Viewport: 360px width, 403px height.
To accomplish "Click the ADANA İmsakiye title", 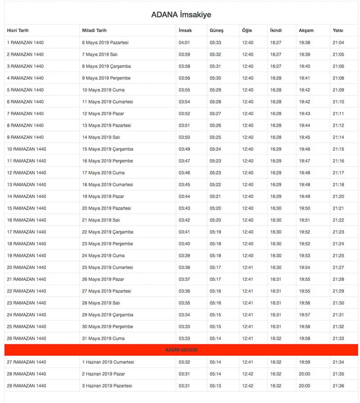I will coord(181,15).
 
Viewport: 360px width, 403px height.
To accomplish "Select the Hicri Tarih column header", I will coord(18,31).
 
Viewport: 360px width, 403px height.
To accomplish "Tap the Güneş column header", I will coord(216,31).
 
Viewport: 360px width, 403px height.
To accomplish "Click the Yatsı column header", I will coord(338,31).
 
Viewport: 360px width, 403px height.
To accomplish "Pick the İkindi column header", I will coord(276,31).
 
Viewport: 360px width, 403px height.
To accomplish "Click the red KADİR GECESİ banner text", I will coord(181,350).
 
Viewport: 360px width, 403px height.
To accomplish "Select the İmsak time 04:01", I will coord(184,43).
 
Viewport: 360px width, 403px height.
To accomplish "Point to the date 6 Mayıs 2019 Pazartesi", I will coord(105,43).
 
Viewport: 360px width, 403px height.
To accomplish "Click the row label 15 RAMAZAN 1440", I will coord(27,208).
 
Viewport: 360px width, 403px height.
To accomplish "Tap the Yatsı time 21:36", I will coord(338,386).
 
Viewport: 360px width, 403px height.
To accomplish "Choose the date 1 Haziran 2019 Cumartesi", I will coord(108,362).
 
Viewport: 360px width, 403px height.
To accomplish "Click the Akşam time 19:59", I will coord(304,362).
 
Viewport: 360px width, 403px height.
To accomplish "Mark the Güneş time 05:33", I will coord(215,43).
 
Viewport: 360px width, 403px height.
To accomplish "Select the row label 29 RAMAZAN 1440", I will coord(27,386).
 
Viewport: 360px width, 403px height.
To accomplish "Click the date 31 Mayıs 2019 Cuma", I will coord(103,338).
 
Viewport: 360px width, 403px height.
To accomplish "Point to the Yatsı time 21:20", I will coord(338,196).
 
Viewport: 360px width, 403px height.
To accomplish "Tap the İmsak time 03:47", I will coord(184,161).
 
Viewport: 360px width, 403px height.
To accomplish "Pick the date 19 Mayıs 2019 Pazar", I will coord(103,196).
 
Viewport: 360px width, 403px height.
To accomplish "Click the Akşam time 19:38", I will coord(304,43).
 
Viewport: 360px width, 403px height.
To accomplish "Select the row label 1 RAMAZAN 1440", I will coord(25,43).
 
